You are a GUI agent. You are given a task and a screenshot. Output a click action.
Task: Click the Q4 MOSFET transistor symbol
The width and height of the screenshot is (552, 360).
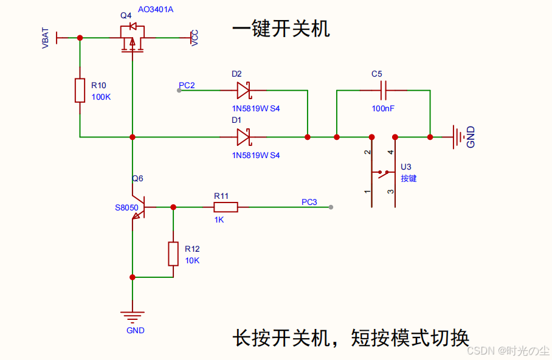pyautogui.click(x=132, y=38)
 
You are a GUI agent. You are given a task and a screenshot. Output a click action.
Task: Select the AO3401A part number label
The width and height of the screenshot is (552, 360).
pyautogui.click(x=155, y=10)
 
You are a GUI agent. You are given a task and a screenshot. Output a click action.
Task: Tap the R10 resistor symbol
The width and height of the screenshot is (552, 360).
pyautogui.click(x=80, y=91)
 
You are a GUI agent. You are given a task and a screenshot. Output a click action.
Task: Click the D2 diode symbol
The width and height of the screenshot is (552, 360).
pyautogui.click(x=243, y=91)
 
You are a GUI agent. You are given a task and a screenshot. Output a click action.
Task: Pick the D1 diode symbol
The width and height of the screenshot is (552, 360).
pyautogui.click(x=243, y=137)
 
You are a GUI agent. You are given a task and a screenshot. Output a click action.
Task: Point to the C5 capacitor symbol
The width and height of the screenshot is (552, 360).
pyautogui.click(x=384, y=91)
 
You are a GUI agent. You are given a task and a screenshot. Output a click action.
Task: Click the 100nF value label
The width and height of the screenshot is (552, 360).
pyautogui.click(x=383, y=108)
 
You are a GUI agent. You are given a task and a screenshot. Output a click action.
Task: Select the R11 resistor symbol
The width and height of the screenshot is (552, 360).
pyautogui.click(x=226, y=207)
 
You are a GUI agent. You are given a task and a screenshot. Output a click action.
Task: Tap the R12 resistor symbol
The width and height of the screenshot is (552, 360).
pyautogui.click(x=173, y=254)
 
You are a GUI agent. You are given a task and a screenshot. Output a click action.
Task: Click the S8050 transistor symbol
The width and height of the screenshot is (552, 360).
pyautogui.click(x=139, y=207)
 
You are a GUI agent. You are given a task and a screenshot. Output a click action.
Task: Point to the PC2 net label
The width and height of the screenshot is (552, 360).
pyautogui.click(x=187, y=85)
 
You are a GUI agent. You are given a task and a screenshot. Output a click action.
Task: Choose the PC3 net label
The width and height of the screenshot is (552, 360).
pyautogui.click(x=309, y=202)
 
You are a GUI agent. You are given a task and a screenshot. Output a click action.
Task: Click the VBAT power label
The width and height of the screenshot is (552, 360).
pyautogui.click(x=46, y=38)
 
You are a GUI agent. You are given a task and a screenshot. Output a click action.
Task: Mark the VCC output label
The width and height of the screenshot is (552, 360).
pyautogui.click(x=195, y=38)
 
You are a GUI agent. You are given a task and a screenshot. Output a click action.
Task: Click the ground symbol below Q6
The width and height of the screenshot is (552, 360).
pyautogui.click(x=133, y=317)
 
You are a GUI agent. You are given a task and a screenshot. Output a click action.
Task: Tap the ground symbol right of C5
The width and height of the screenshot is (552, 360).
pyautogui.click(x=458, y=137)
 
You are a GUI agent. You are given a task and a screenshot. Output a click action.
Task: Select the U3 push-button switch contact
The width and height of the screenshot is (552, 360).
pyautogui.click(x=384, y=173)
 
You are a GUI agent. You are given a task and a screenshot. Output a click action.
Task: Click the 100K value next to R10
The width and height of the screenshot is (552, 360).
pyautogui.click(x=101, y=97)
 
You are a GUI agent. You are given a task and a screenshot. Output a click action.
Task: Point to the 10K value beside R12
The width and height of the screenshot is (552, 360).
pyautogui.click(x=192, y=260)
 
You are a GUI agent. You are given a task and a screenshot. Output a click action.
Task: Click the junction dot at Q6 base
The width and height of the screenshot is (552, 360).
pyautogui.click(x=173, y=207)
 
